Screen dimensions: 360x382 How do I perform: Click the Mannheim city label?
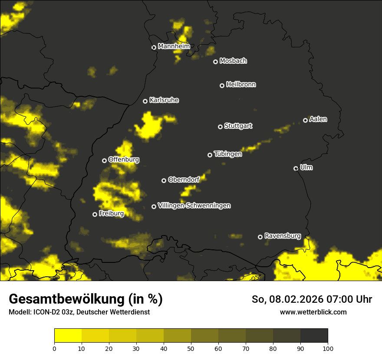click(x=174, y=46)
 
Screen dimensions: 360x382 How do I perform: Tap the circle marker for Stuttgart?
click(x=220, y=127)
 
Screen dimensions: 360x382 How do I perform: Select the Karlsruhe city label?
click(x=164, y=100)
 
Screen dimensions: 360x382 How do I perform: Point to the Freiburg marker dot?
click(x=95, y=214)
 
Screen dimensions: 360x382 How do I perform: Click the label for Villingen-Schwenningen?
click(x=194, y=206)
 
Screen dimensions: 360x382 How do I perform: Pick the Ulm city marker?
click(x=296, y=168)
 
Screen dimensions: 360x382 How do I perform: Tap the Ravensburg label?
click(x=283, y=236)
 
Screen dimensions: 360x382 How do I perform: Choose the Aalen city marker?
click(x=305, y=120)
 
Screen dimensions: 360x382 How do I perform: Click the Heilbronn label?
click(x=241, y=85)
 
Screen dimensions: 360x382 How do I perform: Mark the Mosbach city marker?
click(x=215, y=62)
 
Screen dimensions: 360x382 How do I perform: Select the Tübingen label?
click(x=228, y=154)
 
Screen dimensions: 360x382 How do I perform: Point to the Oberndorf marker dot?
click(x=164, y=180)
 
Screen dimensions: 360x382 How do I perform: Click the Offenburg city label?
click(x=124, y=160)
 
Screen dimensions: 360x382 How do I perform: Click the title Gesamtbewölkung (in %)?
click(x=86, y=299)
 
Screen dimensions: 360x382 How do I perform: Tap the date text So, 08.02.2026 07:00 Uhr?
click(x=312, y=299)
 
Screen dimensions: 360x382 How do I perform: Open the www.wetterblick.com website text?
click(x=313, y=312)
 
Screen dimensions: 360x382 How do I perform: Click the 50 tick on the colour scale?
click(x=191, y=348)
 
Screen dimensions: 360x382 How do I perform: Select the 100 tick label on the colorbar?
click(x=328, y=348)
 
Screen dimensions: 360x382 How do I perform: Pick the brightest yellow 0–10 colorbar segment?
click(x=68, y=335)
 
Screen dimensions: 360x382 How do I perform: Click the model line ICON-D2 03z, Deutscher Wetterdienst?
click(x=79, y=312)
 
